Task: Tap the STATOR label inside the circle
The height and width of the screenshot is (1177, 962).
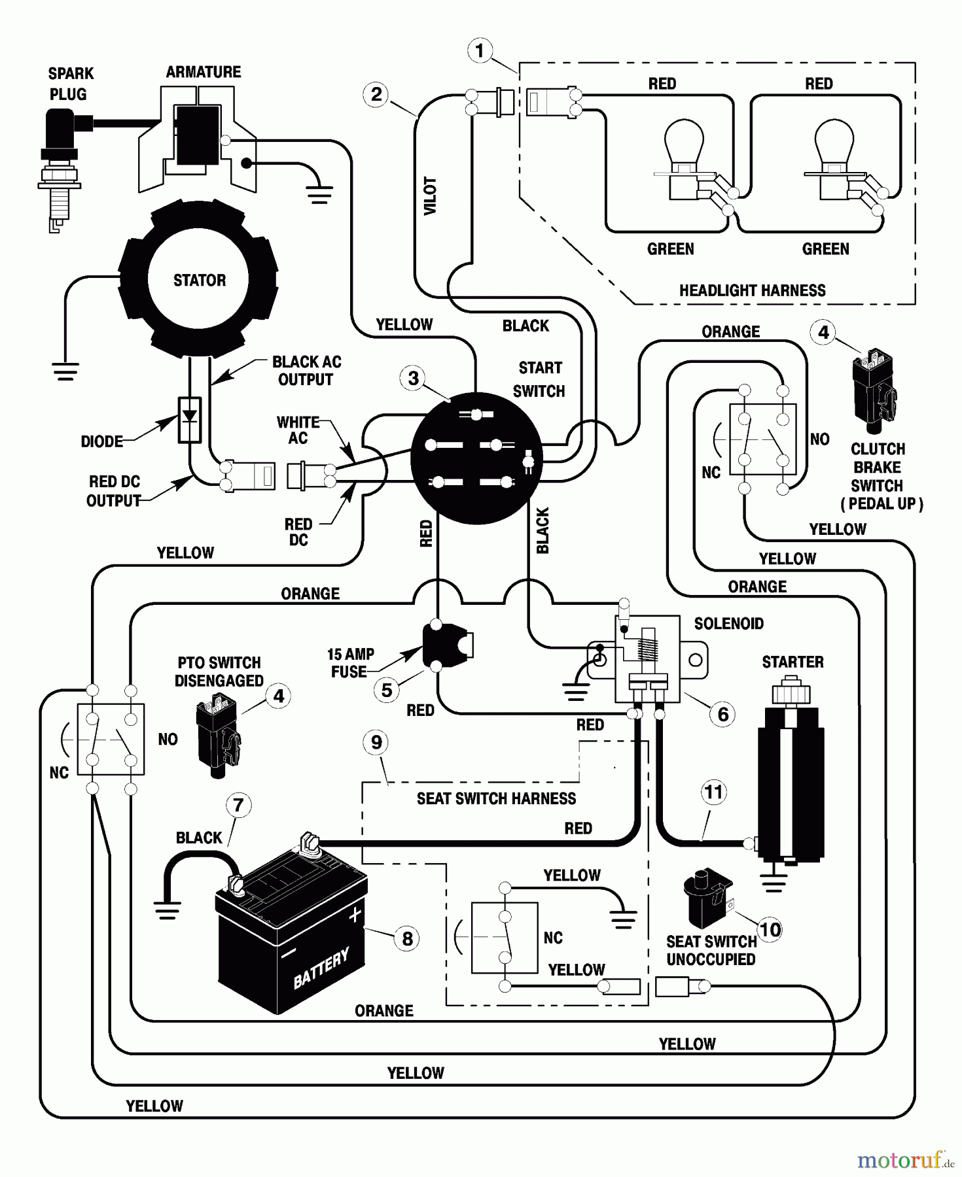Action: pyautogui.click(x=200, y=281)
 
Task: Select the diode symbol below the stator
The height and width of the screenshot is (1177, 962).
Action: pyautogui.click(x=190, y=418)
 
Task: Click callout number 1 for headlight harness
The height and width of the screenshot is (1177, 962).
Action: pyautogui.click(x=480, y=50)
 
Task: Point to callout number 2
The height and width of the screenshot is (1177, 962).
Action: pyautogui.click(x=376, y=94)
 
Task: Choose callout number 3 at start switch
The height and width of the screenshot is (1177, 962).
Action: pyautogui.click(x=413, y=378)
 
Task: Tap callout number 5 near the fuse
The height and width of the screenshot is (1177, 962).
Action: pyautogui.click(x=387, y=690)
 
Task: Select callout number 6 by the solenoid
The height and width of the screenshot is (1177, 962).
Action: pyautogui.click(x=723, y=713)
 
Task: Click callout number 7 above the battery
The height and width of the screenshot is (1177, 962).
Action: pyautogui.click(x=238, y=805)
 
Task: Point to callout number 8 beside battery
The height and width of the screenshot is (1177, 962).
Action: pyautogui.click(x=407, y=938)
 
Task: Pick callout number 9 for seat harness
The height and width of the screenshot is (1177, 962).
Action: pyautogui.click(x=376, y=742)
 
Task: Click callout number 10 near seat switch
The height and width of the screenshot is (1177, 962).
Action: pyautogui.click(x=770, y=929)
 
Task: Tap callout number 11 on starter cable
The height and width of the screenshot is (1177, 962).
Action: pyautogui.click(x=713, y=793)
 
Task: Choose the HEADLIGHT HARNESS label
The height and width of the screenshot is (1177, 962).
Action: pyautogui.click(x=752, y=290)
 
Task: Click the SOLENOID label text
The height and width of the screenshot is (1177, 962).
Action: pyautogui.click(x=728, y=623)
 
